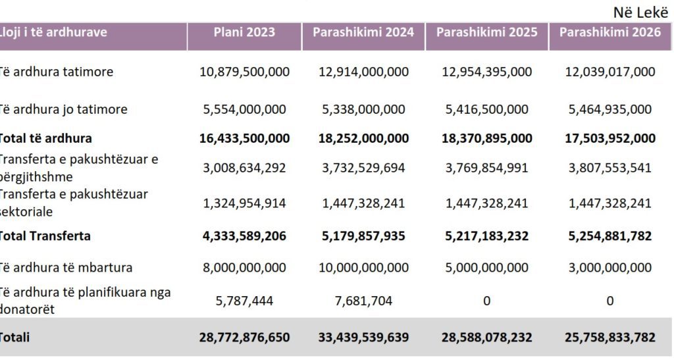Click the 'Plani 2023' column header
tap(244, 32)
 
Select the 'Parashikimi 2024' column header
tap(363, 32)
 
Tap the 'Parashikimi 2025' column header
tap(486, 32)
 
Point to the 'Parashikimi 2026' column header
tap(610, 32)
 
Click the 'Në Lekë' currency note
tap(641, 13)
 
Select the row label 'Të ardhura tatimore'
tap(55, 72)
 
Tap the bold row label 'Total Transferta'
tap(45, 236)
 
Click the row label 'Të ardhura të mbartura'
tap(65, 268)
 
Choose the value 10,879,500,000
tap(244, 72)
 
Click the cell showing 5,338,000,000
tap(363, 109)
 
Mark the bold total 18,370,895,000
tap(486, 138)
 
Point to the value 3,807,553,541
tap(610, 168)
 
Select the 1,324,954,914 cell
tap(244, 203)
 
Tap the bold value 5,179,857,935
tap(363, 236)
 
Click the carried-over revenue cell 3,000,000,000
tap(610, 268)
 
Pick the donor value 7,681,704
tap(363, 301)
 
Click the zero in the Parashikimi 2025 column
tap(486, 301)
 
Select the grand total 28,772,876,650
tap(244, 337)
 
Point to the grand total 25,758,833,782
tap(610, 337)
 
